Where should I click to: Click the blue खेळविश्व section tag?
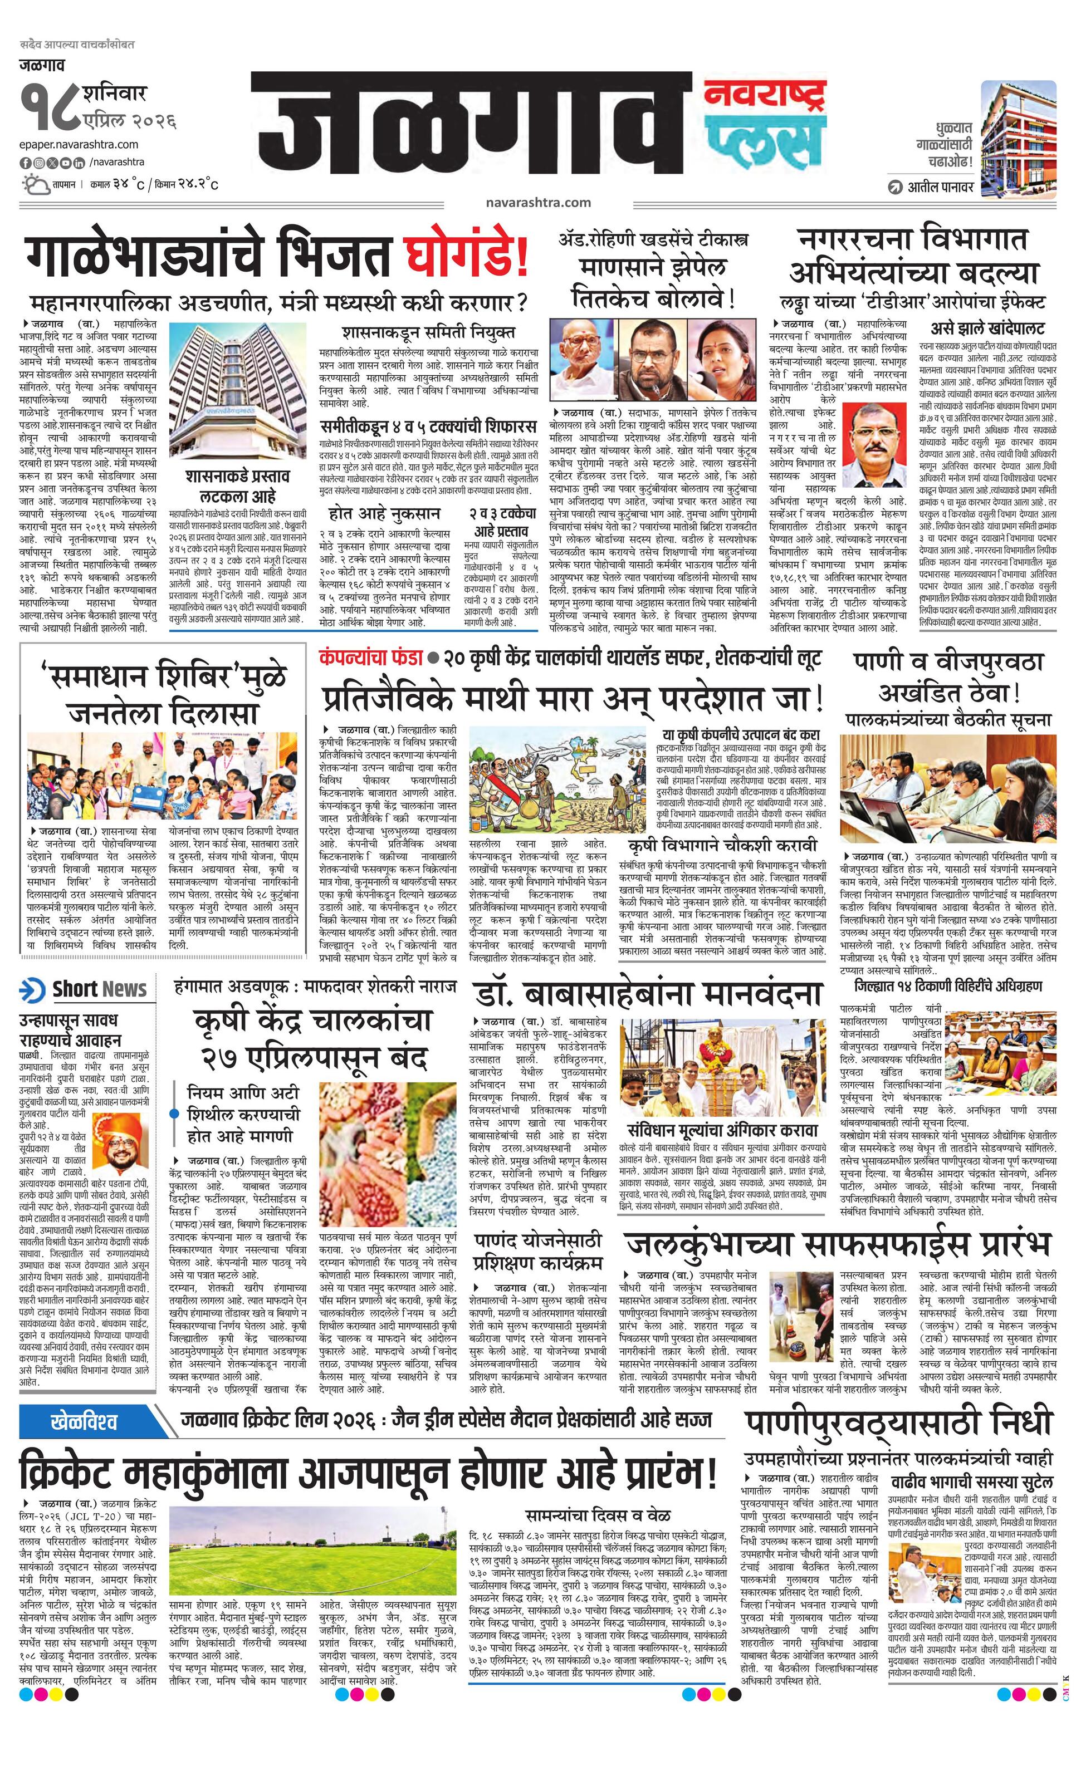click(x=85, y=1421)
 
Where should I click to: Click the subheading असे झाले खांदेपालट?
click(x=987, y=328)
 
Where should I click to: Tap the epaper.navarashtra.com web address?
click(x=79, y=144)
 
